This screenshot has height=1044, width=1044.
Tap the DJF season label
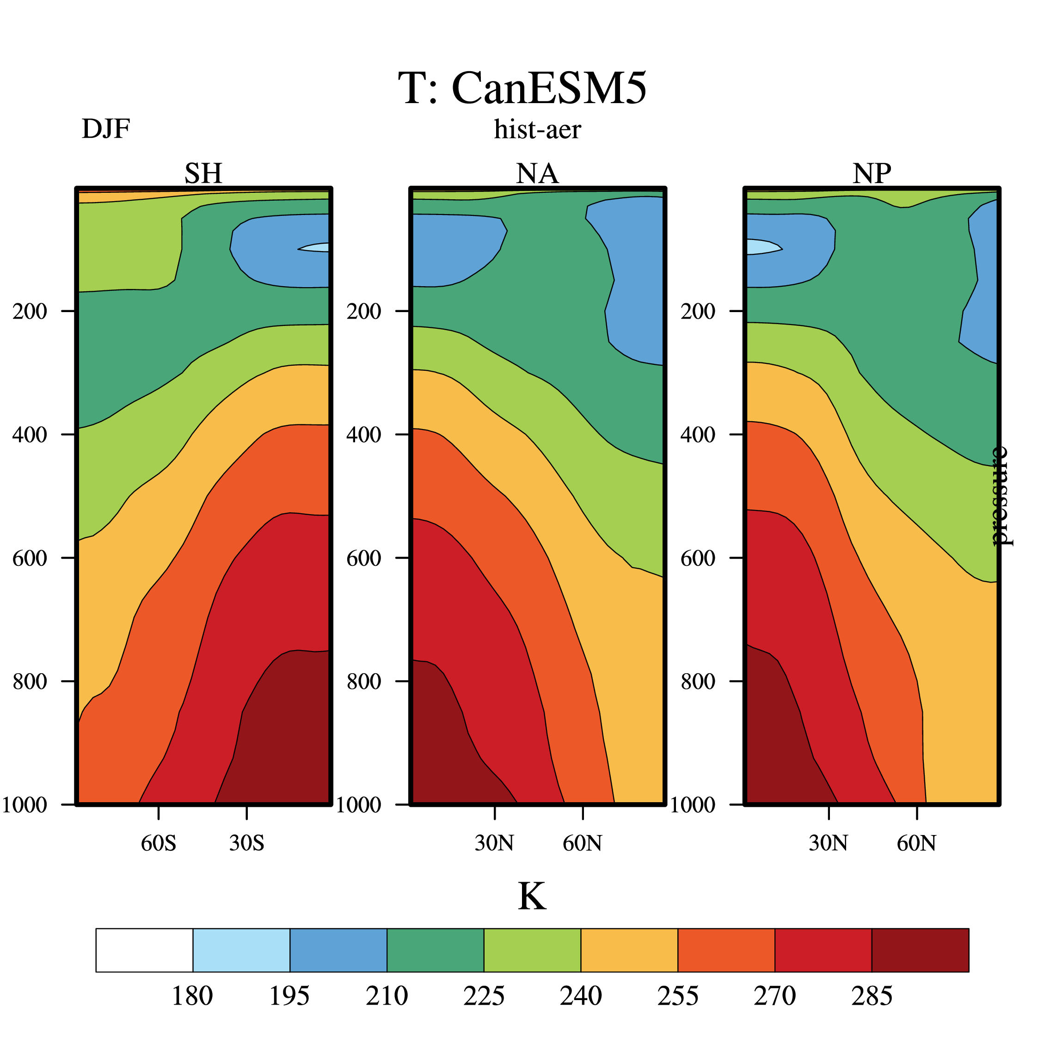(106, 129)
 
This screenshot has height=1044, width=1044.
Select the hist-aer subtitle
(537, 129)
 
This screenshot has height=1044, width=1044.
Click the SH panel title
(203, 173)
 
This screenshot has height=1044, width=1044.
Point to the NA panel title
(537, 173)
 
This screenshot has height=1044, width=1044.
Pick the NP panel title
(872, 173)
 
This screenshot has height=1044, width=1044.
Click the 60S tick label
(159, 843)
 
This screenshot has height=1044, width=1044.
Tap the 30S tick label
(247, 843)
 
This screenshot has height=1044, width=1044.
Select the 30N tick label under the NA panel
(494, 843)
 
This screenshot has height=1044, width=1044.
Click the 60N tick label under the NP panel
(916, 843)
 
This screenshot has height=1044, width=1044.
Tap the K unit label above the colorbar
(532, 897)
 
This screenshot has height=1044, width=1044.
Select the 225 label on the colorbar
(484, 996)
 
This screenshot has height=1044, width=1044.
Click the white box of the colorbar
(144, 950)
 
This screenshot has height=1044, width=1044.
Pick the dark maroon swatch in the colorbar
(920, 950)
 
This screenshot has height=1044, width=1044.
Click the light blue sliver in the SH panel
(314, 247)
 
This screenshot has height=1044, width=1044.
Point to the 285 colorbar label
(872, 996)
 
